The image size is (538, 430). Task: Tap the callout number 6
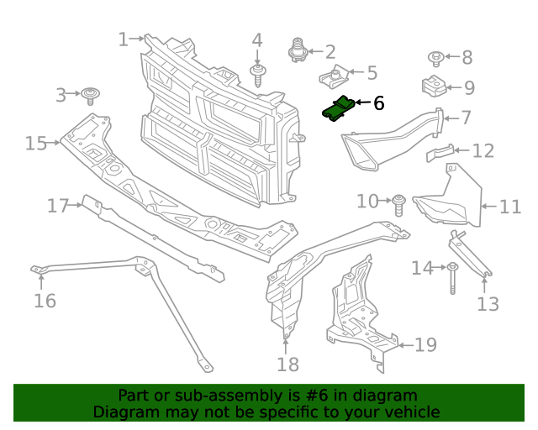[x=378, y=103]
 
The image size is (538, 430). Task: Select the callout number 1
[x=123, y=39]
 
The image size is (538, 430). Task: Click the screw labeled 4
[x=257, y=76]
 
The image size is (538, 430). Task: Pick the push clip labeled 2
[x=296, y=51]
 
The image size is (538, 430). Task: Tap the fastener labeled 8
[x=436, y=58]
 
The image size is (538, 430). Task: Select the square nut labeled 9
[x=433, y=87]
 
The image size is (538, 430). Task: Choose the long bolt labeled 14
[x=452, y=276]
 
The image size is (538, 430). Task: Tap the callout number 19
[x=425, y=344]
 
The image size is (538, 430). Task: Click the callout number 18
[x=287, y=364]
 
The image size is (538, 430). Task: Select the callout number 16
[x=45, y=300]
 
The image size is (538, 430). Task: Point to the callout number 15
[x=35, y=144]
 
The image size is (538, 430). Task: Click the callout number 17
[x=57, y=205]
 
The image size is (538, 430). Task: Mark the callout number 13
[x=488, y=303]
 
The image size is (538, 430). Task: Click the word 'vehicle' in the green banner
[x=410, y=412]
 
